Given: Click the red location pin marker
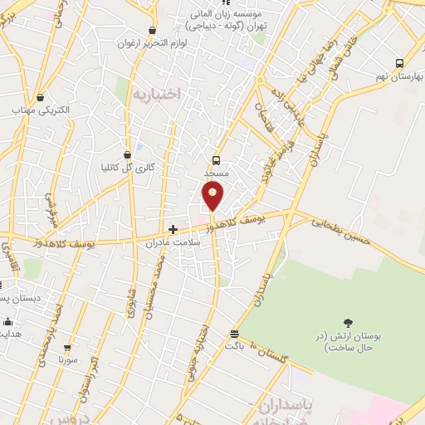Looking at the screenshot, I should coord(213,195).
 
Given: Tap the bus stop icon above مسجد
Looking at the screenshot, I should coord(217,159).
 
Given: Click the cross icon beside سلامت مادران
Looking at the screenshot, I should coord(173,229).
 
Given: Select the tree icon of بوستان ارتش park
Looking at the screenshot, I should coord(348,323).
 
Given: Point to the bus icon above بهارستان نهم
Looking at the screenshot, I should coord(400,63).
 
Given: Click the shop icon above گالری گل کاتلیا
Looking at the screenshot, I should coord(127,154).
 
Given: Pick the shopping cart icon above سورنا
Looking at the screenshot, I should coord(67,348).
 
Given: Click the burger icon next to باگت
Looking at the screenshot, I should coord(234,335).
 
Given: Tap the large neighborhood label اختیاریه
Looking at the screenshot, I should coord(155,94).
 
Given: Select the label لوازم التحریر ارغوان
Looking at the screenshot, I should coord(150,42).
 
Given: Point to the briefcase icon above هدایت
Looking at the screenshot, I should coord(8,321).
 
